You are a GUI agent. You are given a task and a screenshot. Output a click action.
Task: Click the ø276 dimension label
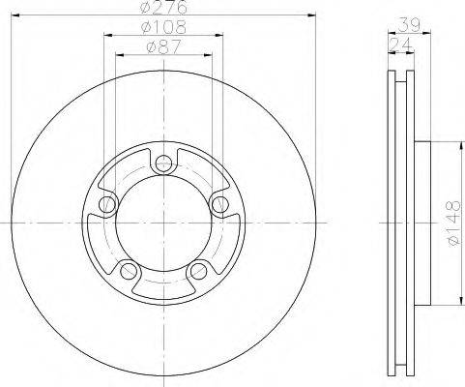point(163,7)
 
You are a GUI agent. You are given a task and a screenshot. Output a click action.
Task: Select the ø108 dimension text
point(163,27)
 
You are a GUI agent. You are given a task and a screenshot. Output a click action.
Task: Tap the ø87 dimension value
point(163,47)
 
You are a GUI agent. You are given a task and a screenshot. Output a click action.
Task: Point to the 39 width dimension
point(409,24)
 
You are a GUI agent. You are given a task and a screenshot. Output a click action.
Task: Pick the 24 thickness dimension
point(400,45)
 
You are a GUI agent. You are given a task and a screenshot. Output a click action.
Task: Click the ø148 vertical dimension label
point(452,223)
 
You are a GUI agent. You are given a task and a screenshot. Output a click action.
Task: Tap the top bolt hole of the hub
point(163,164)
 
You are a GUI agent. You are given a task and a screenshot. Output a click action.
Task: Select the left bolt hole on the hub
point(107,204)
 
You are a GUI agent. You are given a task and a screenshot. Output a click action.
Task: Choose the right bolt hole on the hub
point(220,204)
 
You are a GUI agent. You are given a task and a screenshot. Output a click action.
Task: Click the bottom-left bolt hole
point(129,271)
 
